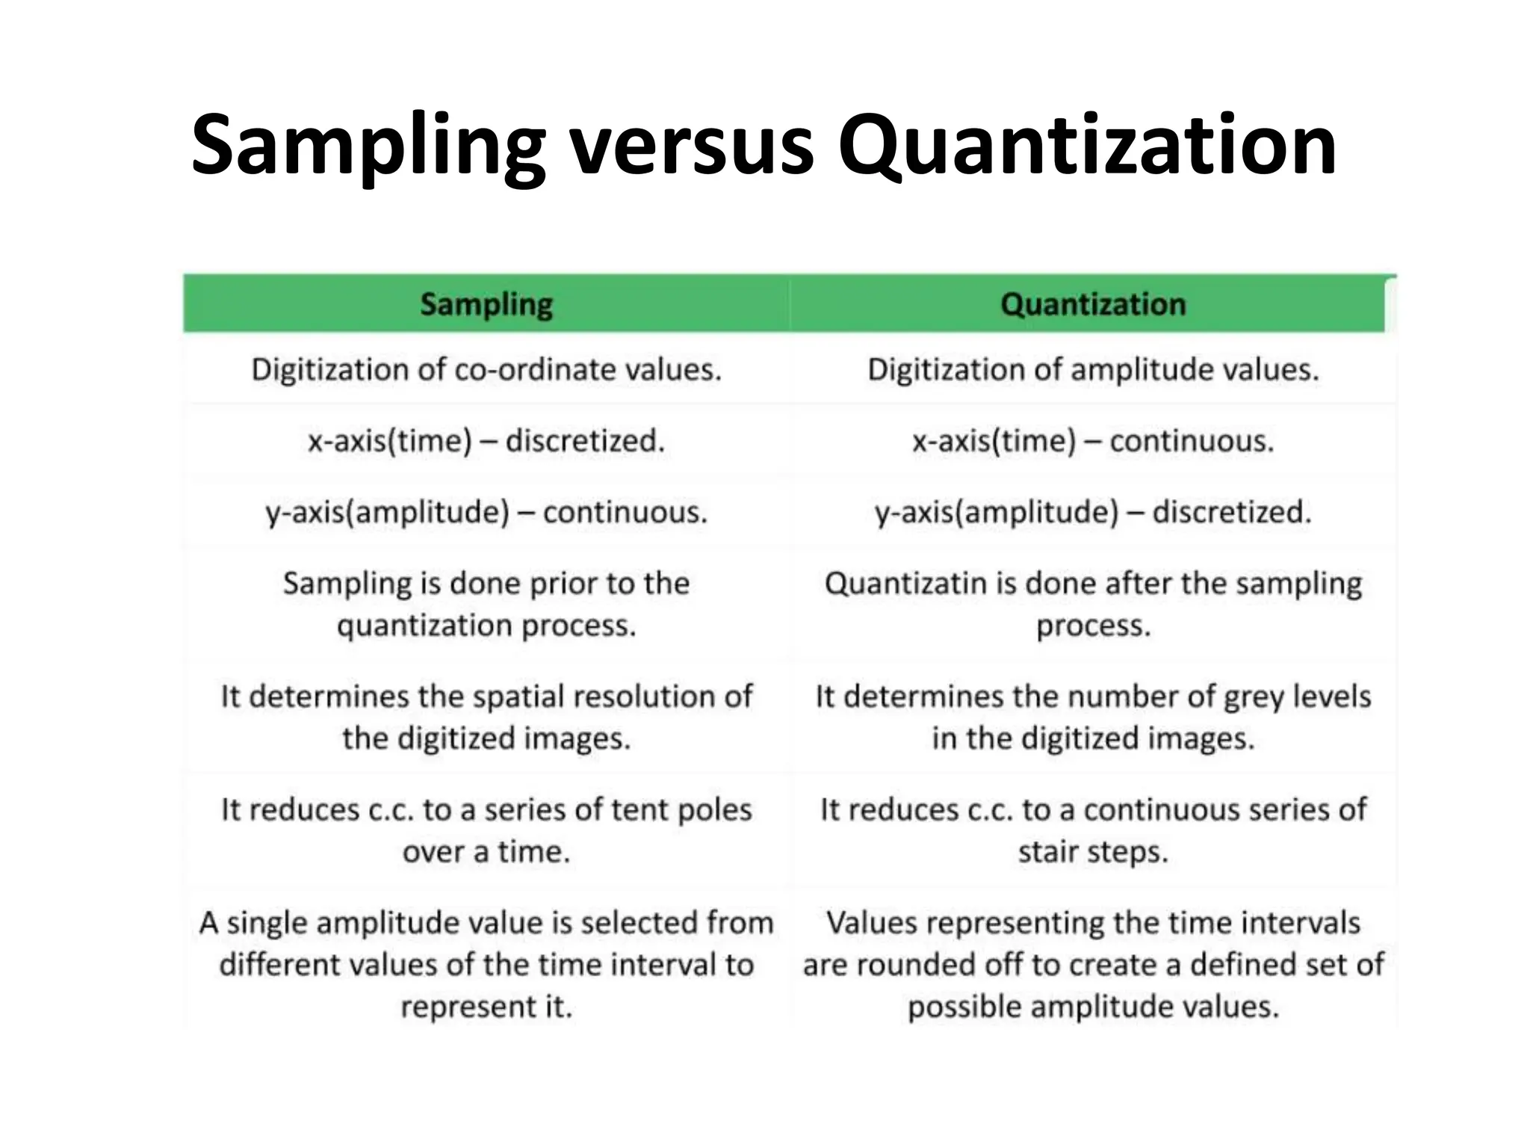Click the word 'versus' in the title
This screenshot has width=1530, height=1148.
point(691,146)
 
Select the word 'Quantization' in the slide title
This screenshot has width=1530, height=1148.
point(1087,146)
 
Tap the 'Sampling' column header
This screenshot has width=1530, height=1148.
point(486,304)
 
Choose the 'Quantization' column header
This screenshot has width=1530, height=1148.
point(1093,304)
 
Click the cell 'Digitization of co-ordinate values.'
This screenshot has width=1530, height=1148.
point(486,370)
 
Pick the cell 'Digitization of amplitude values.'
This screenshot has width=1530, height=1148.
point(1093,370)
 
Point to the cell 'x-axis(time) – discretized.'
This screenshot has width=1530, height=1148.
point(486,441)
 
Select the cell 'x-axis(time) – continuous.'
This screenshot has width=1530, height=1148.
point(1093,441)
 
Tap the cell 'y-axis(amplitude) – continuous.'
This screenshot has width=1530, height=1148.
point(486,513)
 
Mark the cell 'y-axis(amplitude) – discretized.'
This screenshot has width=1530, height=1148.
point(1093,513)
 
